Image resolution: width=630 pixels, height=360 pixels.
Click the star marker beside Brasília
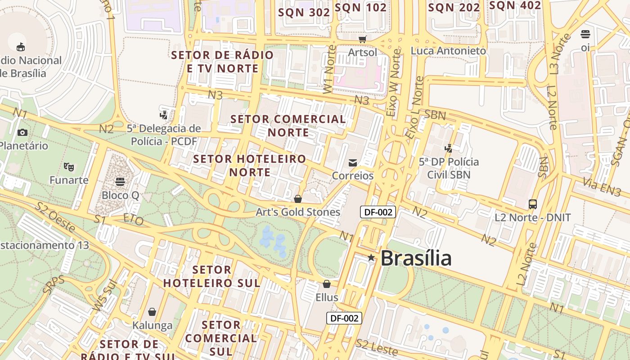(x=371, y=258)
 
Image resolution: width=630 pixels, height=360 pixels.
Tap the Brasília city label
(x=416, y=258)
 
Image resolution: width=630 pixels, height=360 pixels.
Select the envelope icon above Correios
(x=353, y=162)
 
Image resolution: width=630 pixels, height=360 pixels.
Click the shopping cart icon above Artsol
(x=362, y=40)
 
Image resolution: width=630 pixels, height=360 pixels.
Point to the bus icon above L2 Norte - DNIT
(x=533, y=204)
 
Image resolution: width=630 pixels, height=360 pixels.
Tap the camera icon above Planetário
(x=22, y=132)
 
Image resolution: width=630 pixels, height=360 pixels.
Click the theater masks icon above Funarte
(x=68, y=167)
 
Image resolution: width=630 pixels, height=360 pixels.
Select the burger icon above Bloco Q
(x=120, y=182)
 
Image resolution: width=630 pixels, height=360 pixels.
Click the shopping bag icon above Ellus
(x=327, y=284)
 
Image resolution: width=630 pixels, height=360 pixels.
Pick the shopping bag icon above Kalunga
(x=152, y=312)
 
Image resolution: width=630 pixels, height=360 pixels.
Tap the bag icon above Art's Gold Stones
(x=297, y=198)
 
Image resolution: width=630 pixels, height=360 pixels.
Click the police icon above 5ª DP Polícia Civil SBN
(x=448, y=148)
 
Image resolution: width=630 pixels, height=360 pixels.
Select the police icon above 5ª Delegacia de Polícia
(x=164, y=115)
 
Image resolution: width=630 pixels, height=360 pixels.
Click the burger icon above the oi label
(x=585, y=34)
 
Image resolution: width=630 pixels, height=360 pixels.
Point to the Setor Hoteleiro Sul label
(x=211, y=276)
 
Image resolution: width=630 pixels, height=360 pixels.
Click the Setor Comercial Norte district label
(x=288, y=126)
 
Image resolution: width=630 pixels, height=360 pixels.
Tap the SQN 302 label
(x=304, y=12)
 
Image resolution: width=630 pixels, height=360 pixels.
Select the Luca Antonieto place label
(x=448, y=50)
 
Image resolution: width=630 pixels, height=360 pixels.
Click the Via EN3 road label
(x=602, y=187)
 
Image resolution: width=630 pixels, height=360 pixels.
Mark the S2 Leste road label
(x=377, y=347)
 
